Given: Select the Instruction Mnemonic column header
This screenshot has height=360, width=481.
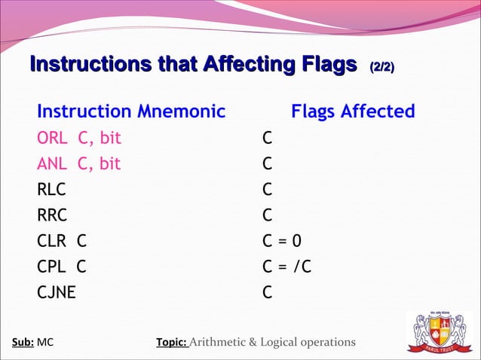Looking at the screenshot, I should point(131,112).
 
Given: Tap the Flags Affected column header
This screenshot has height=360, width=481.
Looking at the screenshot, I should point(353,112).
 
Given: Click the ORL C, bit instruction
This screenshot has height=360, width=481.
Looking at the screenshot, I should point(79,139).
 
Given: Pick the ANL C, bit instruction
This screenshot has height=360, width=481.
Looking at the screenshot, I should point(79,164).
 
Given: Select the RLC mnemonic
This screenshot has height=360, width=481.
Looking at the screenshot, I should point(52,190).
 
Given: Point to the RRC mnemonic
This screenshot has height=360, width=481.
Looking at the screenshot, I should point(52,215).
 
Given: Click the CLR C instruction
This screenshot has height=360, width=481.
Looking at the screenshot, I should point(62,241).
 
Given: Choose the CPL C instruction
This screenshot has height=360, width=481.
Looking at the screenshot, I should point(62,267).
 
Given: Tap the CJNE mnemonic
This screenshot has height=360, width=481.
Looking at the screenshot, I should point(57,292).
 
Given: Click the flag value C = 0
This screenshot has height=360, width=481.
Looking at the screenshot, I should point(281,241).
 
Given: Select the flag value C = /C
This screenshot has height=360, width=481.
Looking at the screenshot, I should point(286,267).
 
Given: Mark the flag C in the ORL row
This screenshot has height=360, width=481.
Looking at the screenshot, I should point(267,139).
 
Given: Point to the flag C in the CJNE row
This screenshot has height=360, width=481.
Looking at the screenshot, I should point(267,292).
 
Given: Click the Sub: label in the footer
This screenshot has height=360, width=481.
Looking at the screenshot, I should point(23,343).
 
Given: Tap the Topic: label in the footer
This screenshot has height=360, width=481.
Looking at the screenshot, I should point(171,343).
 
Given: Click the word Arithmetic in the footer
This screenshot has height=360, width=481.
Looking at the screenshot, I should point(223,343).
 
